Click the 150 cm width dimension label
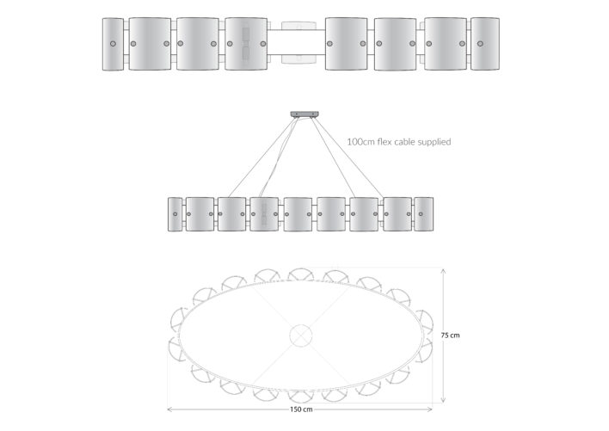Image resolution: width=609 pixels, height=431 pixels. [301, 409]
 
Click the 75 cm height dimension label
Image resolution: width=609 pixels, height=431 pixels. [450, 336]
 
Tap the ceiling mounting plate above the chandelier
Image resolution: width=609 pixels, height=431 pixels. [304, 114]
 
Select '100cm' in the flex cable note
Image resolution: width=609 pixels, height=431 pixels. [360, 142]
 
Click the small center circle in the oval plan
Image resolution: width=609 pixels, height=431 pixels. [301, 336]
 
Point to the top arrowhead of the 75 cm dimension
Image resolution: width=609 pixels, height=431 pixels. [443, 271]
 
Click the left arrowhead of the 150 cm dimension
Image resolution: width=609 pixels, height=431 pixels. [169, 409]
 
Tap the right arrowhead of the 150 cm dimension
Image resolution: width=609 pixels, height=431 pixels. [429, 409]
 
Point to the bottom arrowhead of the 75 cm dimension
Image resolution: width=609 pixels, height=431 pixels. [443, 400]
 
